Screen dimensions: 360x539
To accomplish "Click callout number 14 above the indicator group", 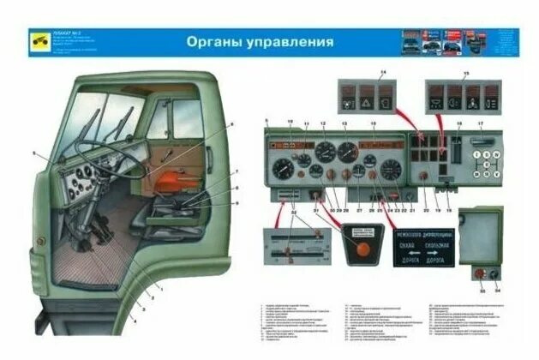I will [x=382, y=71].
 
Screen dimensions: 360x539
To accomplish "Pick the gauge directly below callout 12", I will [x=325, y=154].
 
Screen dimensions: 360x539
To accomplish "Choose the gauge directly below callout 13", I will [x=347, y=154].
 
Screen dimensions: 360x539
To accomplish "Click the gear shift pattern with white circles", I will [x=488, y=161].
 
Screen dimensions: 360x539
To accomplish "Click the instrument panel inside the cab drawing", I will [x=81, y=178].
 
